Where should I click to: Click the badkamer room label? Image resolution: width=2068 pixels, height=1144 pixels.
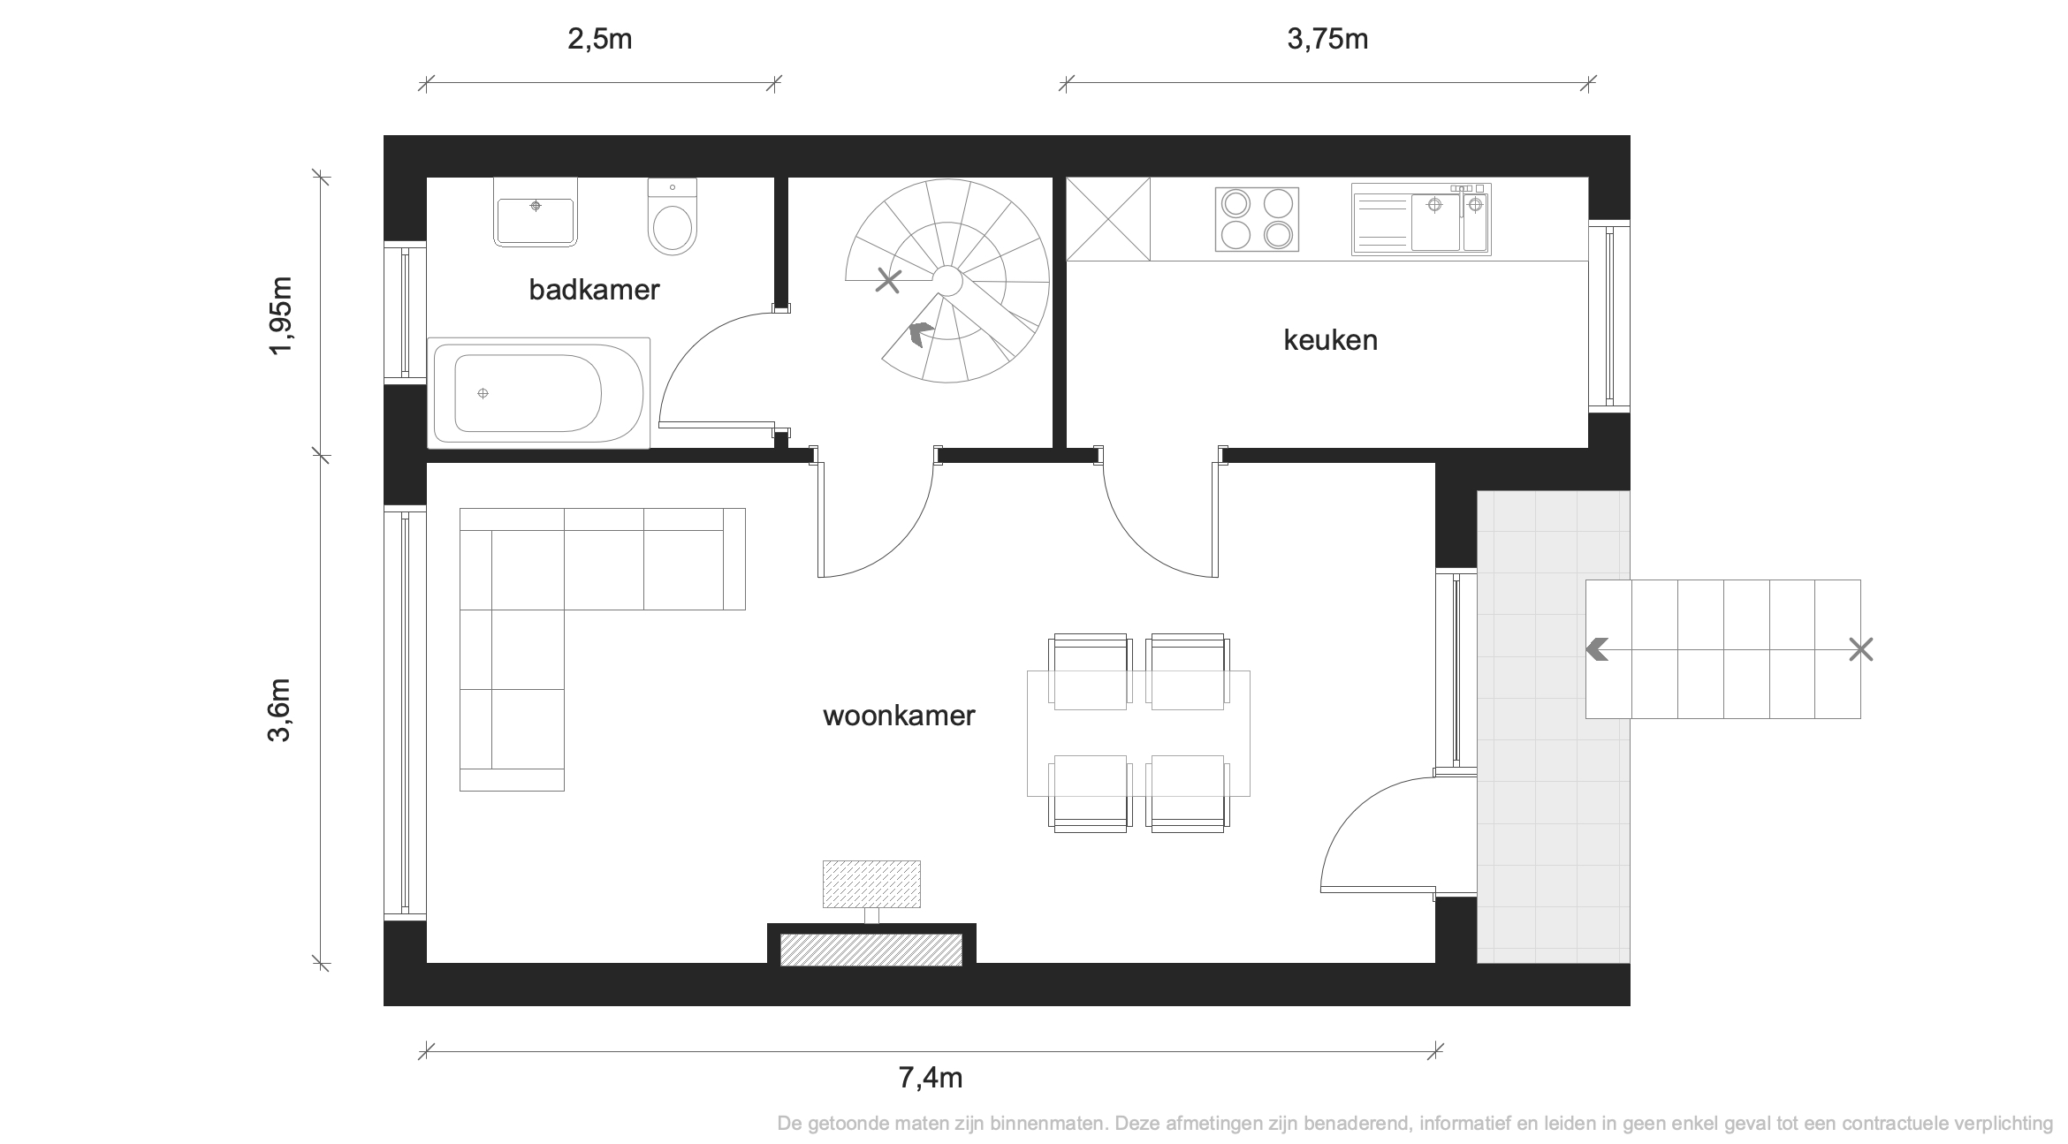[594, 290]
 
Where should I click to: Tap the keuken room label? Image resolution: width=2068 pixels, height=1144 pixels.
[1330, 340]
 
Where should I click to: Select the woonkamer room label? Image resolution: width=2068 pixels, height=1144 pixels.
[899, 715]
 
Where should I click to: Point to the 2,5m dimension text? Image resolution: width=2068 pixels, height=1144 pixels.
[599, 40]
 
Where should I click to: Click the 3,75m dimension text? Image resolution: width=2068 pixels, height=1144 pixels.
[1327, 40]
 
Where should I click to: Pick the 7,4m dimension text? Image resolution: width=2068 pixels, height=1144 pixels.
[931, 1078]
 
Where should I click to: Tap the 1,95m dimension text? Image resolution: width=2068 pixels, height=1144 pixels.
[280, 316]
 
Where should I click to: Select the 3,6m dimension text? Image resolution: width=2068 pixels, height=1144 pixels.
[279, 709]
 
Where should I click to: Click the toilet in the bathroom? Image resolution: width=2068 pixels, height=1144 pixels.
[673, 216]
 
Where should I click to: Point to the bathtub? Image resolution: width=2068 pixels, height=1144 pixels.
[539, 393]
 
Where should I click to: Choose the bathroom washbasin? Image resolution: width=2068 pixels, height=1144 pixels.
[535, 212]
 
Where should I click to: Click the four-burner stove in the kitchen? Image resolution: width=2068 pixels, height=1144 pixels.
[1257, 219]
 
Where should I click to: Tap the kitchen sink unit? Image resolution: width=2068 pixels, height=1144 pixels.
[1421, 220]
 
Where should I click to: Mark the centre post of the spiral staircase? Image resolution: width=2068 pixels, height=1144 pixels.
[947, 281]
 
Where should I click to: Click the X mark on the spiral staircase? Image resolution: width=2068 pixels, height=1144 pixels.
[888, 281]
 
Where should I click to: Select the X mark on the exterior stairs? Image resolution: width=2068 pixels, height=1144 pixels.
[1861, 650]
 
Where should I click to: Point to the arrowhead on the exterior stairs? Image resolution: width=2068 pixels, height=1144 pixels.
[1596, 650]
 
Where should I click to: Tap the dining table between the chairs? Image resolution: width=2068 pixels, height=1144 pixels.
[1138, 733]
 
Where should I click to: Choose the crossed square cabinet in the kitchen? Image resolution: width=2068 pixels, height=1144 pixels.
[1108, 219]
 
